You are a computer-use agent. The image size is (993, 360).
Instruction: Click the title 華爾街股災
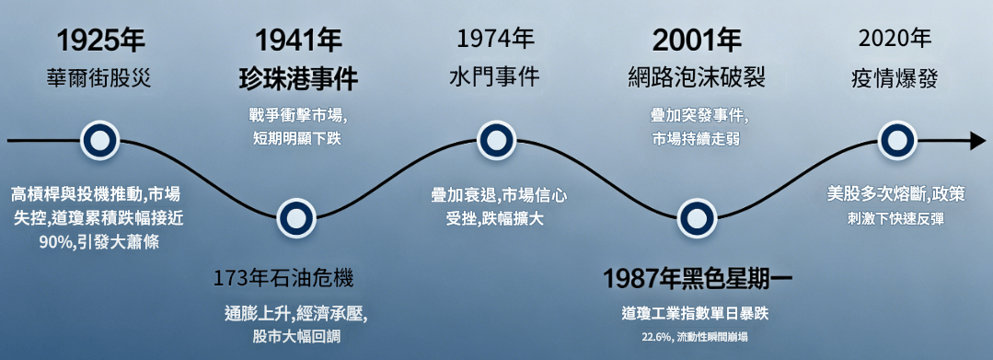(x=100, y=77)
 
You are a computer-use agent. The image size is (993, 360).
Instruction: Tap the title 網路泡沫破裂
(x=696, y=77)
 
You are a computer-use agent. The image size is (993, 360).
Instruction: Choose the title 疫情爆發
(x=895, y=77)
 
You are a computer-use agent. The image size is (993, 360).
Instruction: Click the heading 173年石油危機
(x=283, y=278)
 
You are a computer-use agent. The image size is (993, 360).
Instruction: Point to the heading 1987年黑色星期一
(x=698, y=278)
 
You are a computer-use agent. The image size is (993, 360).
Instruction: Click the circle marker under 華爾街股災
(x=98, y=141)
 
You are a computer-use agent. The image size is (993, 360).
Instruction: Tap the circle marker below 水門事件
(x=496, y=141)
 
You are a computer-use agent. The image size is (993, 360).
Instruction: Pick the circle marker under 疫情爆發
(x=895, y=141)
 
